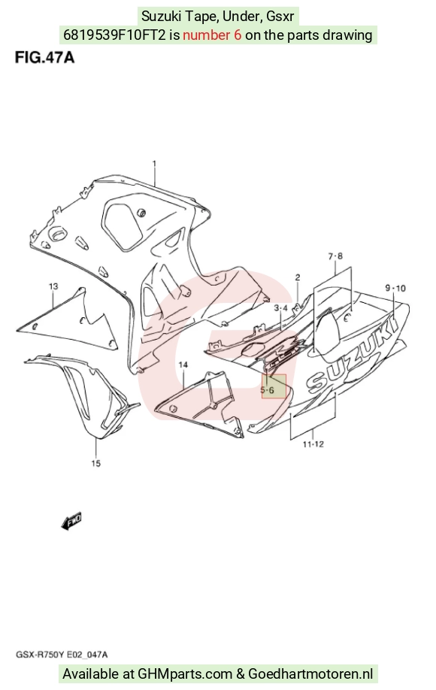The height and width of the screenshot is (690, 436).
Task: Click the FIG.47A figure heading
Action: [44, 58]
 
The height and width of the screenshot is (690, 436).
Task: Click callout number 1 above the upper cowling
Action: [154, 164]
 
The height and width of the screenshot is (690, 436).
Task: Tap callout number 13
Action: [53, 286]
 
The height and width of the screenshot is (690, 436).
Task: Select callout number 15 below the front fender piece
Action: [96, 463]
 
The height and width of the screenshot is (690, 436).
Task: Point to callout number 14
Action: [183, 365]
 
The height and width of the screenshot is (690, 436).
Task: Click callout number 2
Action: [298, 277]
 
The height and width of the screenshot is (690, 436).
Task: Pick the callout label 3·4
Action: [280, 308]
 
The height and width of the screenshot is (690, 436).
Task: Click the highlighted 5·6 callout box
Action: [274, 386]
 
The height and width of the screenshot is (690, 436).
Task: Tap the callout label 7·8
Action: [335, 256]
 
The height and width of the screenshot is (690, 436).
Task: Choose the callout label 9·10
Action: [395, 288]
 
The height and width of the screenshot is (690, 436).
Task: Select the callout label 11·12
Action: [313, 444]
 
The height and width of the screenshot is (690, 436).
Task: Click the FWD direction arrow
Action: [71, 521]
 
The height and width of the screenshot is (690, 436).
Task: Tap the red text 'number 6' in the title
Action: [212, 35]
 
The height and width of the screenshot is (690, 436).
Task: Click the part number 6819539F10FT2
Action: [115, 35]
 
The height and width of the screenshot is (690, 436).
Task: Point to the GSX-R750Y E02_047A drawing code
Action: [62, 655]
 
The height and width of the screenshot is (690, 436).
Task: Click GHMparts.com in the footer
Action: [185, 673]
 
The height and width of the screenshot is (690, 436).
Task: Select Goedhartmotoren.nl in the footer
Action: [310, 673]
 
